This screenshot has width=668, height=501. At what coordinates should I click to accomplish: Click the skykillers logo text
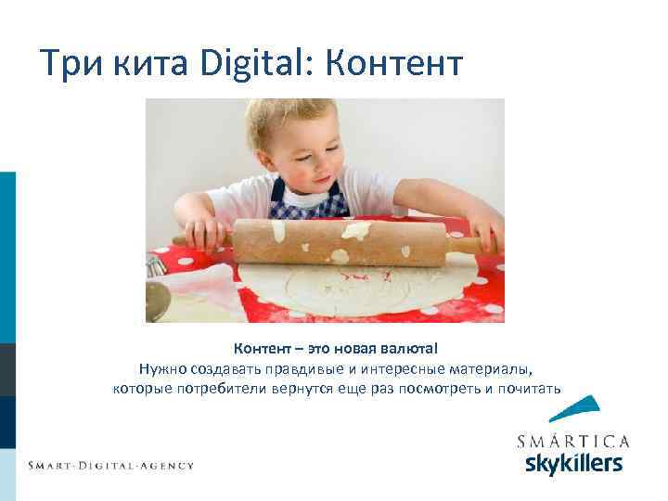point(573,461)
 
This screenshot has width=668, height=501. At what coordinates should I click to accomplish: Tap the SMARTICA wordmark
point(572,440)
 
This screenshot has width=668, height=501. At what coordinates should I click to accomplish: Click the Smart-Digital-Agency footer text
point(110,465)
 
